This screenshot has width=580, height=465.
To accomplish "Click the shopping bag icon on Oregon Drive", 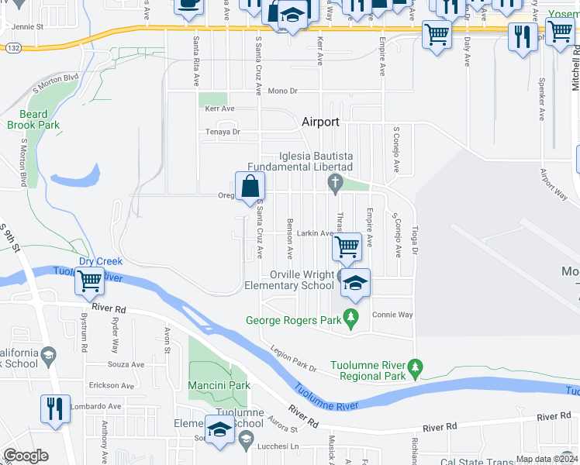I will pos(250,187).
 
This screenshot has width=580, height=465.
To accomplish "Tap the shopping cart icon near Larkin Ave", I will pos(347,246).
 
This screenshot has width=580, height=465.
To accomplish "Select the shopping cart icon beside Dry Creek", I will pos(90,282).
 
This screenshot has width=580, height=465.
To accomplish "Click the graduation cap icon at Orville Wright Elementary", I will pos(355,283).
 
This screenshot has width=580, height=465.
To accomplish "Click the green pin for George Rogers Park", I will pos(351,317).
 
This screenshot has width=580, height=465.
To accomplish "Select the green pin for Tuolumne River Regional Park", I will pos(416,366).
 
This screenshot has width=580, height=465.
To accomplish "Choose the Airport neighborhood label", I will pos(320,122).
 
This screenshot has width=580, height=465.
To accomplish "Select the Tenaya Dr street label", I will pos(223,133).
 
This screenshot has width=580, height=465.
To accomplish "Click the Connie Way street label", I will pos(392,315).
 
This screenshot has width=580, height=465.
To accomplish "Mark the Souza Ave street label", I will pos(126,364).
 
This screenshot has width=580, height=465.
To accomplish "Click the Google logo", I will pos(26,456).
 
